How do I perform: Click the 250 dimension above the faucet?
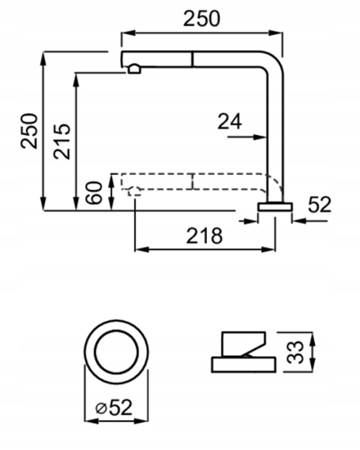[x=202, y=19]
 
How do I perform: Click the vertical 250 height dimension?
[x=29, y=131]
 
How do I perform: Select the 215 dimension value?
[x=61, y=142]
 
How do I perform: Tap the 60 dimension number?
[x=94, y=193]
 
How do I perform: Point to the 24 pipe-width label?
[x=229, y=121]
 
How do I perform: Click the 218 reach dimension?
[x=205, y=235]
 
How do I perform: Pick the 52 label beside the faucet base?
[x=319, y=205]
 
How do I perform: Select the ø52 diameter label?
[x=114, y=407]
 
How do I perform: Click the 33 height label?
[x=295, y=352]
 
